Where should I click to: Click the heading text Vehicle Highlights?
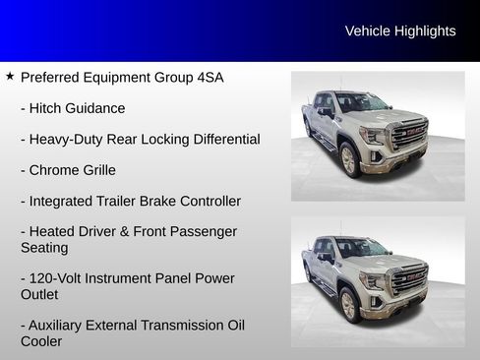pos(400,31)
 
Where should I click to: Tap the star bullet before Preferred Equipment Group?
pos(10,76)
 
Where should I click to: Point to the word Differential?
pos(221,139)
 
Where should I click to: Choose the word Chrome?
pos(58,170)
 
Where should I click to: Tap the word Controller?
pos(204,201)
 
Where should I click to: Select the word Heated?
pos(53,231)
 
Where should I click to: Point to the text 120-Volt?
pos(59,278)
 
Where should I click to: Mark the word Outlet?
pos(39,294)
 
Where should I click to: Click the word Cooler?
pos(41,341)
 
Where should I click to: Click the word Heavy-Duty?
pos(68,139)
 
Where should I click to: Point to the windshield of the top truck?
pos(360,102)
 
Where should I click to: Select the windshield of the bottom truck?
pos(360,248)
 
